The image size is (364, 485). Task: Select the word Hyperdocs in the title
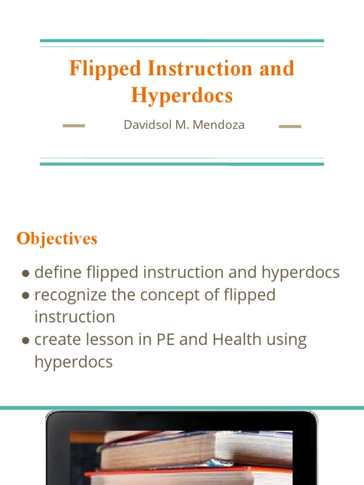pyautogui.click(x=182, y=96)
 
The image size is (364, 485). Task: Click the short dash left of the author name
pyautogui.click(x=74, y=126)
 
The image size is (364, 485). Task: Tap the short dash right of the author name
pyautogui.click(x=290, y=126)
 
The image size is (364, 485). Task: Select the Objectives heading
pyautogui.click(x=57, y=239)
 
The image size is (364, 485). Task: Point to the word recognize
pyautogui.click(x=71, y=296)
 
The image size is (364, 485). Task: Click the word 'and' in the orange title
pyautogui.click(x=277, y=69)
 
